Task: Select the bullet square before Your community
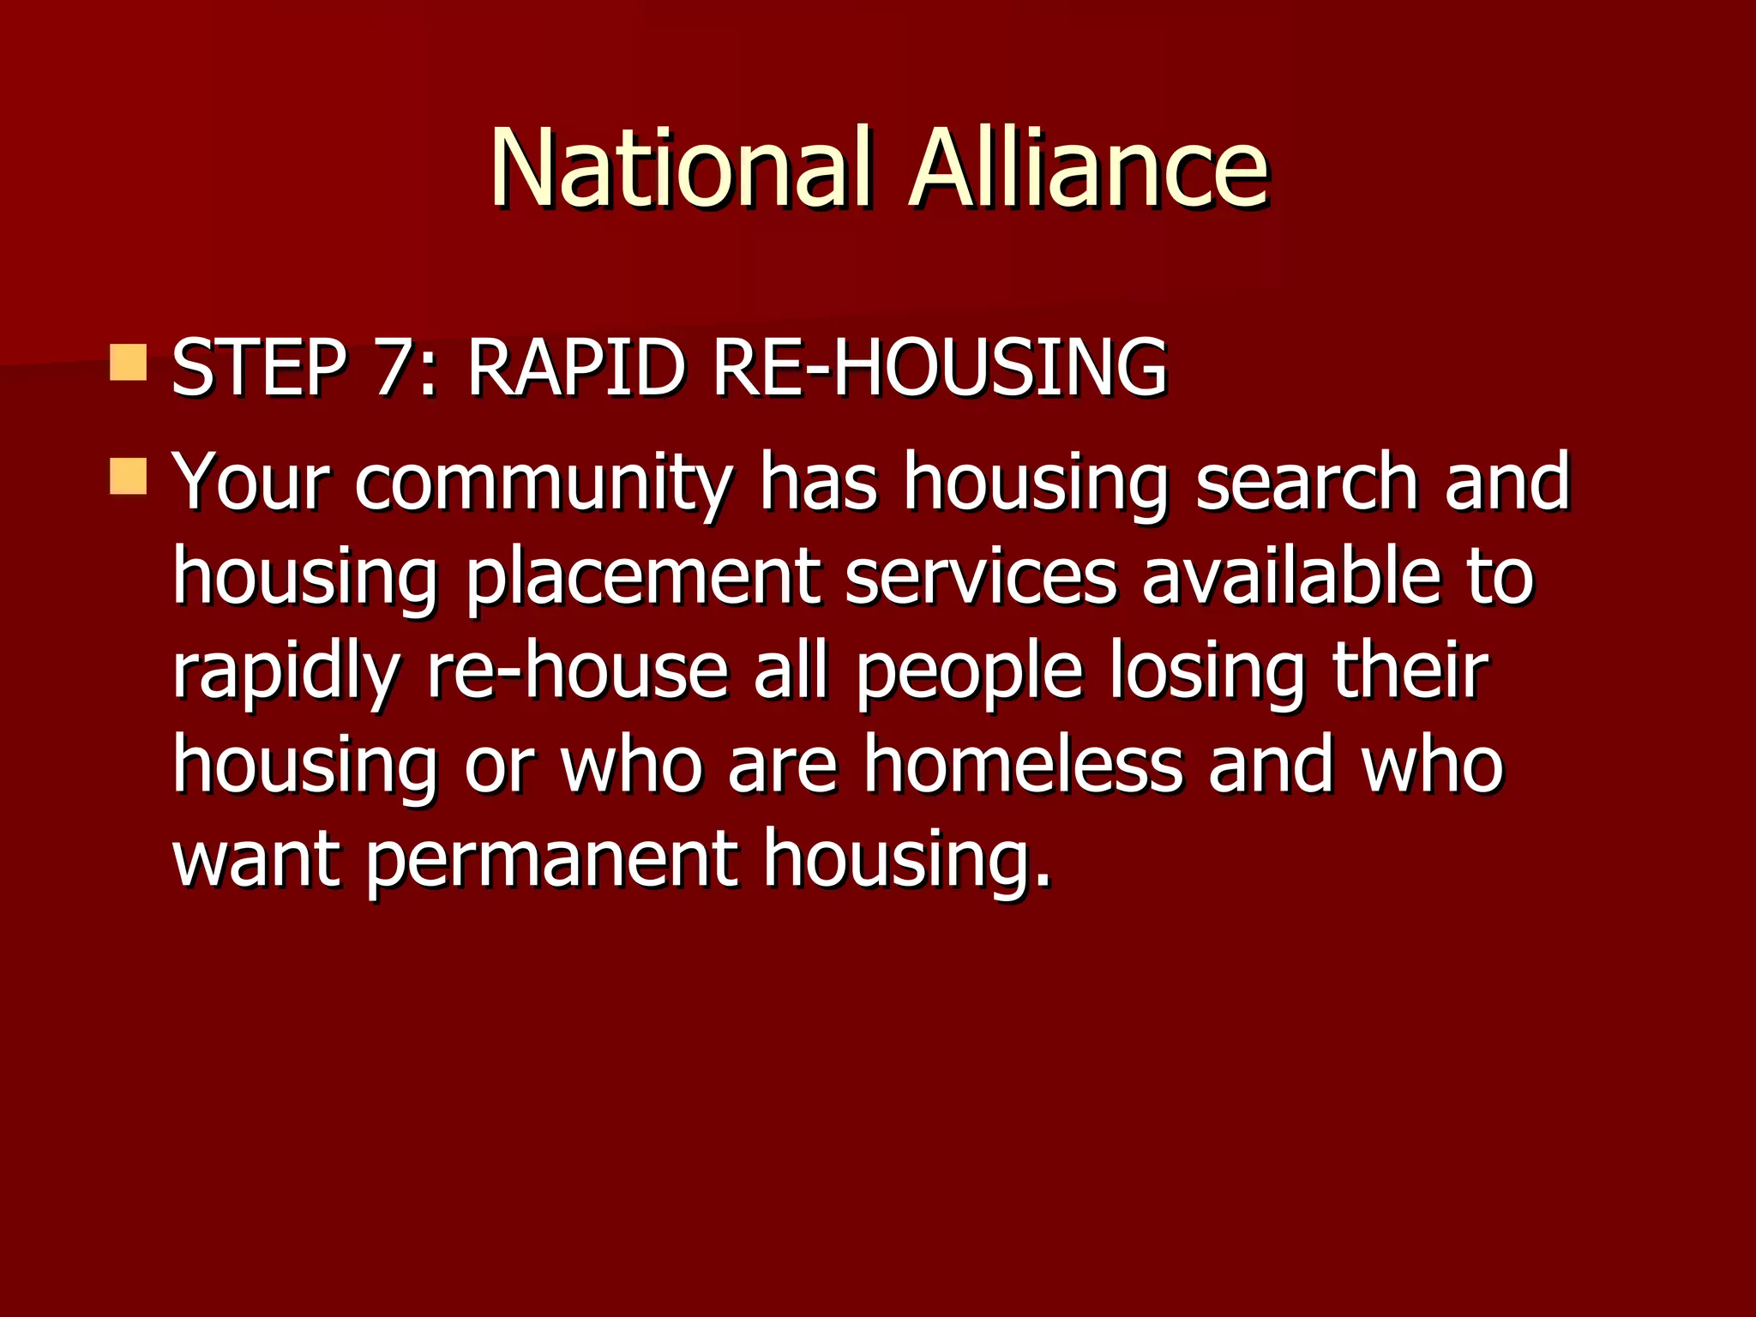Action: click(x=129, y=476)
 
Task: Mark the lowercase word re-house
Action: click(x=577, y=671)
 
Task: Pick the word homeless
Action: click(x=1022, y=765)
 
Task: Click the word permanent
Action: click(x=552, y=859)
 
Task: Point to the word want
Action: click(x=257, y=859)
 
